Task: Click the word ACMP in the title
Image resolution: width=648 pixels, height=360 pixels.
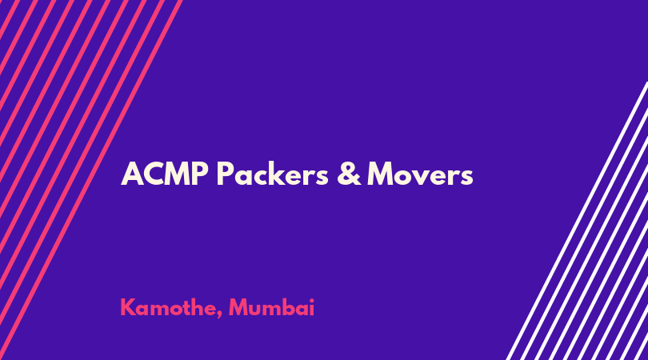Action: pos(165,174)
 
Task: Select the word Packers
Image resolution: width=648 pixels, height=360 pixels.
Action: pos(273,173)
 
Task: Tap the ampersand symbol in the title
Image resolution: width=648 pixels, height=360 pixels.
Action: pos(349,174)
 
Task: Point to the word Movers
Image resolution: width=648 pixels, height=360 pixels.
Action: pos(420,174)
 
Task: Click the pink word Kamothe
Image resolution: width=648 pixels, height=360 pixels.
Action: pos(167,308)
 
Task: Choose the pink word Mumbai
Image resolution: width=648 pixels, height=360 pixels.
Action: pos(271,307)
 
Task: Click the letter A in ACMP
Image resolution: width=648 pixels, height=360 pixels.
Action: pos(132,174)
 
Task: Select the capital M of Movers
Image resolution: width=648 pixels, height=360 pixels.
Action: pos(381,174)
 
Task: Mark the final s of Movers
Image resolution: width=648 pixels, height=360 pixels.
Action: pos(466,178)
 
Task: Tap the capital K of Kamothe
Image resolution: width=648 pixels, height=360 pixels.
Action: pos(128,307)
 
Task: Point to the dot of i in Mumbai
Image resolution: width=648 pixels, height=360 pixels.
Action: pos(311,300)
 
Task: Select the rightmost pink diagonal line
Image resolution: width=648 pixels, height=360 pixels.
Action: pos(91,180)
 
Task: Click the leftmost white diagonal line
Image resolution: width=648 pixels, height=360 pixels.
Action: pos(577,221)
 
